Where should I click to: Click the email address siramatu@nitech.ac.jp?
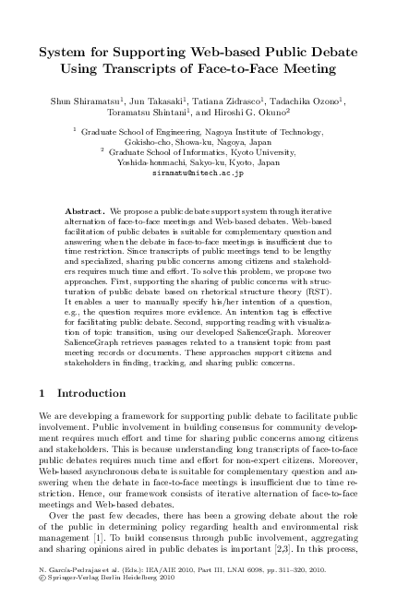pyautogui.click(x=198, y=172)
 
